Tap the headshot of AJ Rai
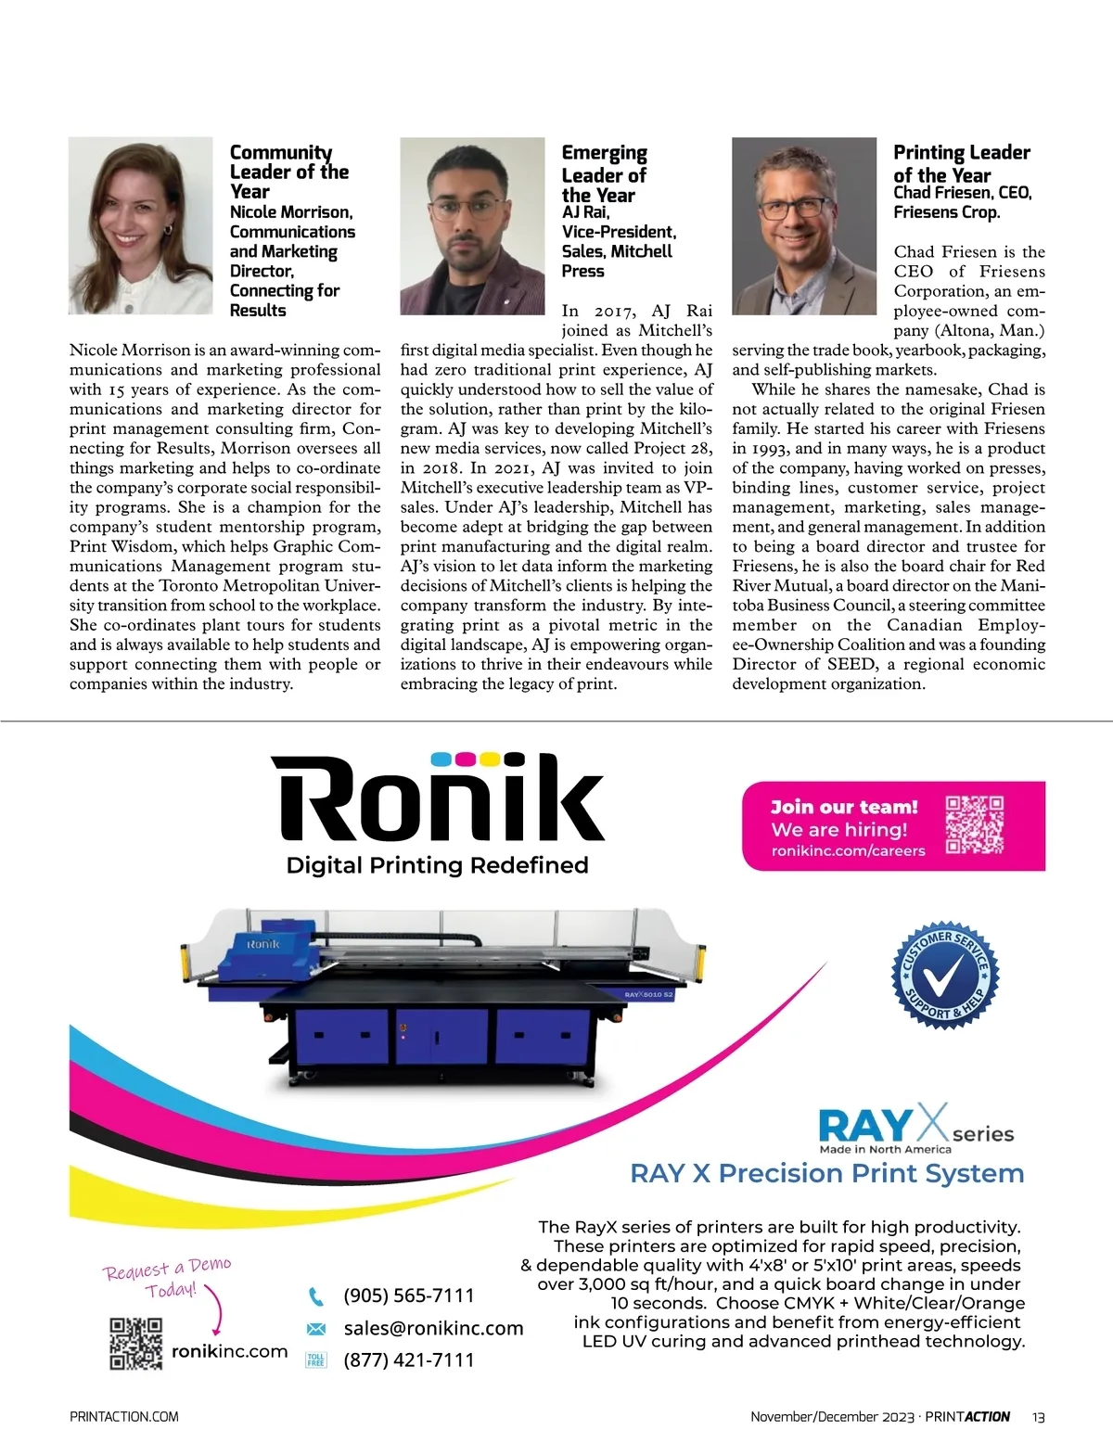pos(472,225)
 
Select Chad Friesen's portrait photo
pos(803,225)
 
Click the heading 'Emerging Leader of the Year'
pos(604,173)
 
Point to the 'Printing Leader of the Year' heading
pos(961,163)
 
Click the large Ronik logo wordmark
pos(438,798)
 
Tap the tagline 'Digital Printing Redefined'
pos(438,865)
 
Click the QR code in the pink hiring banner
pos(974,824)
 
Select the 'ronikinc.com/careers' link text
pos(848,850)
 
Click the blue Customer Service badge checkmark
pos(945,974)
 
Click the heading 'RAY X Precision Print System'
pos(826,1173)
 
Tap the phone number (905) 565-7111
pos(408,1295)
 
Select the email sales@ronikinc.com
pos(433,1328)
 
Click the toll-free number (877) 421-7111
pos(408,1360)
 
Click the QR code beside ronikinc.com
pos(136,1344)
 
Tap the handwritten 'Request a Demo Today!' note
pos(167,1277)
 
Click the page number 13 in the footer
pos(1038,1417)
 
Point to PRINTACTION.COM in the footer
pos(124,1417)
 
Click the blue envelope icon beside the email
pos(316,1329)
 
